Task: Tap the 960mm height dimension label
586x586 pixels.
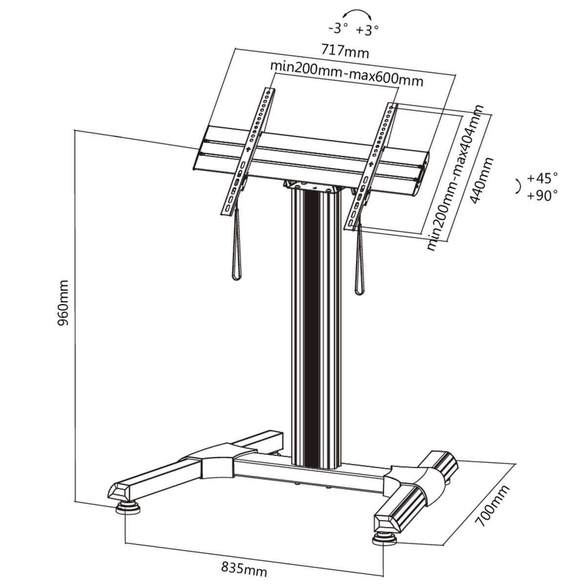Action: [x=63, y=303]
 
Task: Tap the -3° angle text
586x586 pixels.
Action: [x=338, y=29]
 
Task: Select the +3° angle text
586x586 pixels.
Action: [x=367, y=30]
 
